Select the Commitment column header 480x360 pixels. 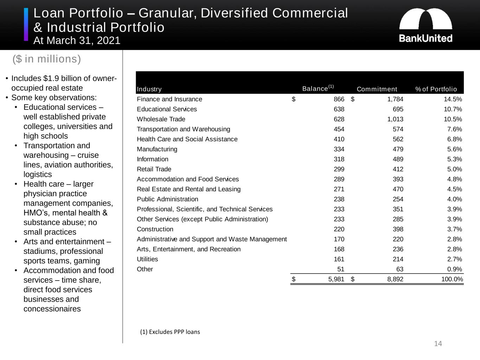click(x=377, y=89)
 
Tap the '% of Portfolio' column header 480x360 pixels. click(x=436, y=89)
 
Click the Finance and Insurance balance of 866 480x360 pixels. click(x=339, y=99)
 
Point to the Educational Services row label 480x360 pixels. click(x=167, y=109)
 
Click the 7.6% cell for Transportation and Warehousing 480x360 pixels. click(x=455, y=129)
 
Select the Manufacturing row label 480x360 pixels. click(x=157, y=149)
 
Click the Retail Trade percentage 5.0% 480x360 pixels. click(x=455, y=169)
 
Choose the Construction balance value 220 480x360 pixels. click(x=339, y=229)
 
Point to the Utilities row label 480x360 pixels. click(x=147, y=259)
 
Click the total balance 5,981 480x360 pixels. click(x=336, y=279)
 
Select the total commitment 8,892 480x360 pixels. click(x=395, y=279)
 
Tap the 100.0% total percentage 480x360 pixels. click(x=452, y=279)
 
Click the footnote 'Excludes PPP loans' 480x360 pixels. click(x=170, y=332)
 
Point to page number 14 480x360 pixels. click(x=438, y=344)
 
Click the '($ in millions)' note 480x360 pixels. click(x=47, y=59)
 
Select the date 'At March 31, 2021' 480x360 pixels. click(x=77, y=41)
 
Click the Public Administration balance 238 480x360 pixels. click(x=339, y=199)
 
